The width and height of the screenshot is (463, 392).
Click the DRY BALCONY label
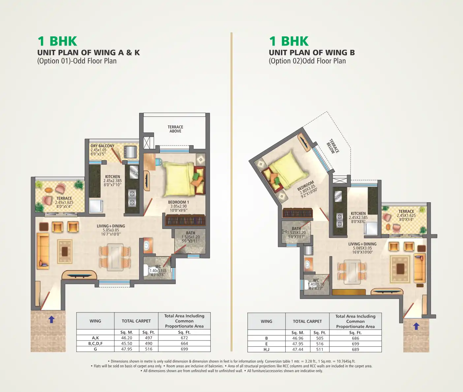tap(102, 146)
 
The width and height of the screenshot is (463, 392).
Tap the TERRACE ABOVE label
tap(175, 129)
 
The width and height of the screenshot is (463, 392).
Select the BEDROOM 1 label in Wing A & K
tap(178, 202)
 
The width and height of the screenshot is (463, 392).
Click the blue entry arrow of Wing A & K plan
tap(51, 319)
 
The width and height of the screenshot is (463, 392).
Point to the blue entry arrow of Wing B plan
tap(416, 326)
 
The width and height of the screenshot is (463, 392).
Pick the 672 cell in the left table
tap(184, 338)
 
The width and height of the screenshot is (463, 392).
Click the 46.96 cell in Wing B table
tap(298, 338)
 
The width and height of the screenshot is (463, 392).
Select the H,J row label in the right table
tap(266, 349)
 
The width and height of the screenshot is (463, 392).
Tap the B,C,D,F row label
tap(95, 343)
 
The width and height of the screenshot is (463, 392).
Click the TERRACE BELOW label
tap(333, 147)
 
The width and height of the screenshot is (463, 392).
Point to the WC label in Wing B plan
tap(316, 280)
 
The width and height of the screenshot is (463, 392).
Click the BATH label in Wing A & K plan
tap(191, 233)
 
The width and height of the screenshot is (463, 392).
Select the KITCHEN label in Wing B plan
tap(358, 213)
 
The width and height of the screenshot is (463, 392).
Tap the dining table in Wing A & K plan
tap(115, 257)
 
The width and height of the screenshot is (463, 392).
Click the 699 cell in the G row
tap(184, 349)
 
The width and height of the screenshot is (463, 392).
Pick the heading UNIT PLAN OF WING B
tap(312, 53)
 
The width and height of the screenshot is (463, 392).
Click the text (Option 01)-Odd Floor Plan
tap(77, 61)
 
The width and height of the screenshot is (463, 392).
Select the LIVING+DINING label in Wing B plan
tap(362, 244)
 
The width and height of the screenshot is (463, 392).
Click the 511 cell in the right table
tap(320, 349)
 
